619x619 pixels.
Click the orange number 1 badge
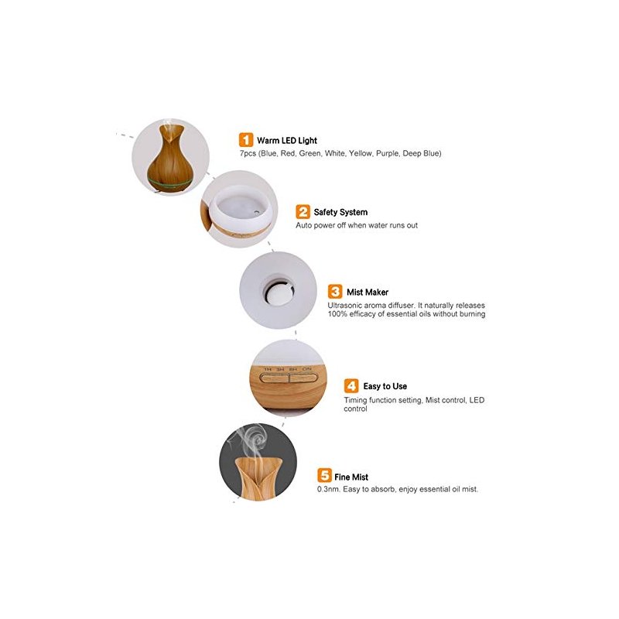point(245,140)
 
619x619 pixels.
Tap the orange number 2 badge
point(303,211)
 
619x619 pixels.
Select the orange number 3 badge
point(335,292)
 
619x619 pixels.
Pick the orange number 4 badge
point(351,385)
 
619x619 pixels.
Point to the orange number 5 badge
point(324,475)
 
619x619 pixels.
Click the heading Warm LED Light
point(287,141)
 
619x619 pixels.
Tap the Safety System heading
point(340,212)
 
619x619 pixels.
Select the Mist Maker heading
point(368,292)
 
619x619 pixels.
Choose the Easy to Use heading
point(385,386)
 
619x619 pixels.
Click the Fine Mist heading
point(351,477)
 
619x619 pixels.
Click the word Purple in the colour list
point(387,153)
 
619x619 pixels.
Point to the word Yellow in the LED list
point(360,153)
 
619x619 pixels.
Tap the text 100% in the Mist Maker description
point(337,314)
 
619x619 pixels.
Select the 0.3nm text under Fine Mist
point(328,489)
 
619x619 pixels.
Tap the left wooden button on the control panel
point(274,378)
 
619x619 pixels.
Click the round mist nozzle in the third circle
point(279,292)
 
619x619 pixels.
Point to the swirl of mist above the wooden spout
point(251,440)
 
